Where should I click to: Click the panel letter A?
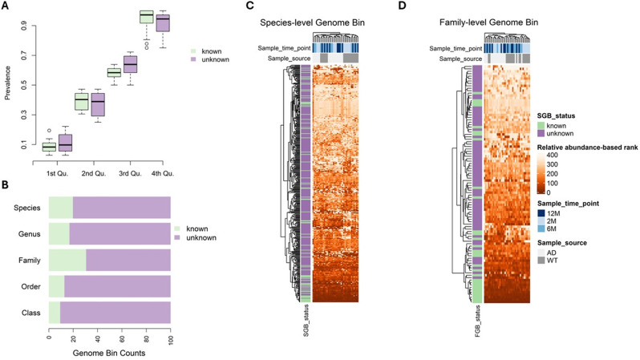coord(6,6)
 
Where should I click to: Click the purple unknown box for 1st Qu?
coord(65,142)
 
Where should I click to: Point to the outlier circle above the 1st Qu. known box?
coord(48,129)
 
